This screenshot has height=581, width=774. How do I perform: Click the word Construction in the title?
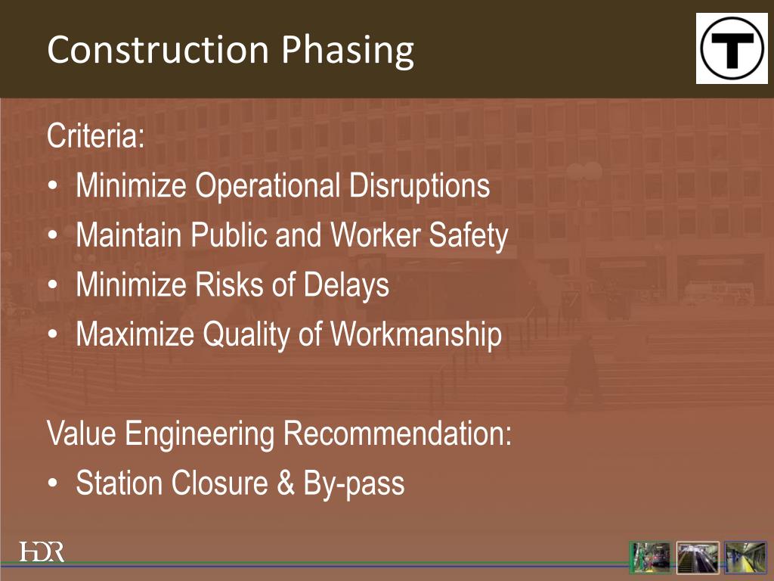157,50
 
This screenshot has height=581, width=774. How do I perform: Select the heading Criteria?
95,137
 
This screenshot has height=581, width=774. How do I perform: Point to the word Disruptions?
420,186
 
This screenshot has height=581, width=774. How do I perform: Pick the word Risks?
222,285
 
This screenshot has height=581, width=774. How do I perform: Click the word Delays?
346,285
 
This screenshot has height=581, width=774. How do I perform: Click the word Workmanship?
416,335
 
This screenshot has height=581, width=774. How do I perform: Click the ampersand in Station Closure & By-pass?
285,483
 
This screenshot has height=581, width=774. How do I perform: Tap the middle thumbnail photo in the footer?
698,558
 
